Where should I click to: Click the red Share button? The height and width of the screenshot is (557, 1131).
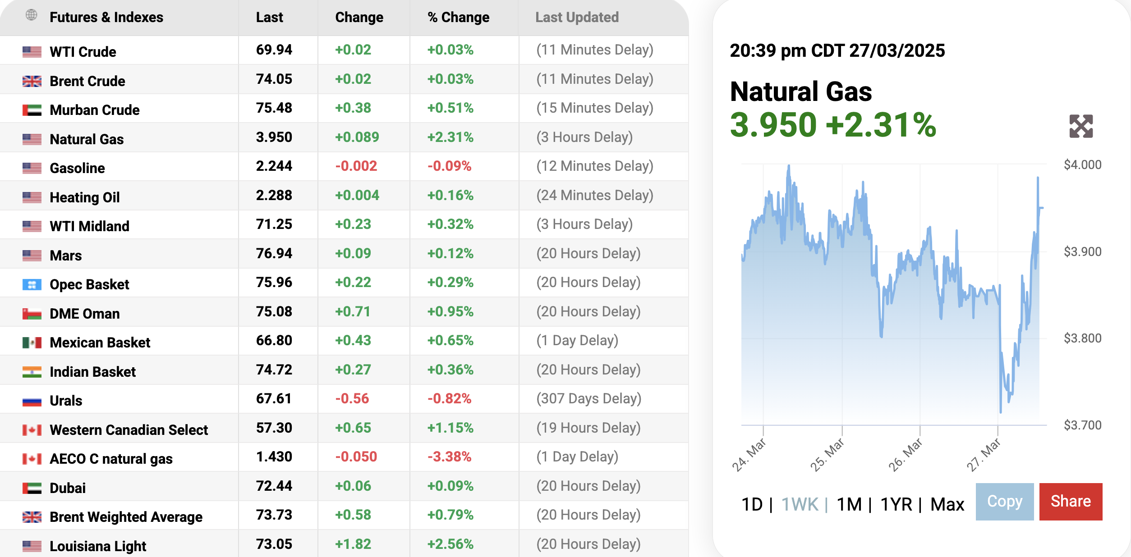[1071, 502]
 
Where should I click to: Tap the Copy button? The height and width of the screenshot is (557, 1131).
[1004, 502]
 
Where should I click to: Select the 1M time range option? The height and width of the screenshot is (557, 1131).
[849, 504]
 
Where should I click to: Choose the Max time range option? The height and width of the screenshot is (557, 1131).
[947, 504]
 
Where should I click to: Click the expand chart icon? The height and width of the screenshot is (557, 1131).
[1081, 126]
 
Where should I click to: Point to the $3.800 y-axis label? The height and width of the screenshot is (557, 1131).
[1082, 338]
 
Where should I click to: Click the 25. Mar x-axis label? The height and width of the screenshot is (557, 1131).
[827, 455]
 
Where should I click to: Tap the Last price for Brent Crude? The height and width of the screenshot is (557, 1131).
[274, 79]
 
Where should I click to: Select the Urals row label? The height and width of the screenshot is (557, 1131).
[66, 401]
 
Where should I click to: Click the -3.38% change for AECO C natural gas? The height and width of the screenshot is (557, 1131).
[449, 457]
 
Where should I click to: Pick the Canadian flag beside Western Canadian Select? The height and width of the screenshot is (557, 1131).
[32, 430]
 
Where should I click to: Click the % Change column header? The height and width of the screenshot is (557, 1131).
[458, 18]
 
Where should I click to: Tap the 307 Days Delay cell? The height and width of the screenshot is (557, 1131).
[588, 399]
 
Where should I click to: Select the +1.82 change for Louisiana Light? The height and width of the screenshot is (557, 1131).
[353, 544]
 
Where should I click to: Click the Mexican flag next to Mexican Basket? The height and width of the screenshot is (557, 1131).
[32, 343]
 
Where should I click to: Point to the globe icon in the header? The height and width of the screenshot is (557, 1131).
[31, 15]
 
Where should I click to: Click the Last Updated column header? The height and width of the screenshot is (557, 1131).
[577, 18]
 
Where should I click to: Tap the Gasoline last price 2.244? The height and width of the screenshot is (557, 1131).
[274, 166]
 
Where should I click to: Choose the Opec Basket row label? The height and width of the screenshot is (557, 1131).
[89, 285]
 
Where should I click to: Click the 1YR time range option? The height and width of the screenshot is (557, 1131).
[896, 504]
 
